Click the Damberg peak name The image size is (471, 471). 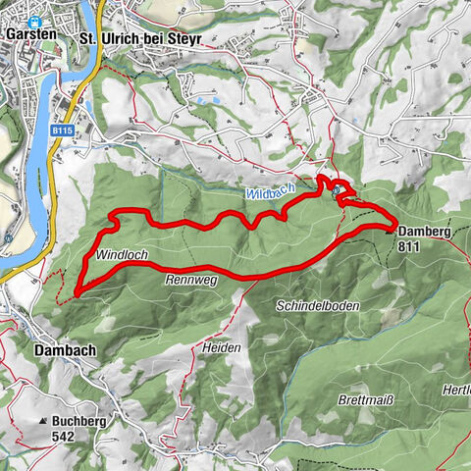(x=425, y=233)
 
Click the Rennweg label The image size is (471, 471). (x=190, y=280)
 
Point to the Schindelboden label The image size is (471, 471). (x=318, y=306)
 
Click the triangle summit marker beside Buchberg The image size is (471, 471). (x=42, y=421)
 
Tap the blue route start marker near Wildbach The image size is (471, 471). (x=337, y=189)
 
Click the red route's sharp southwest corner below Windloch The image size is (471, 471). (x=76, y=291)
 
